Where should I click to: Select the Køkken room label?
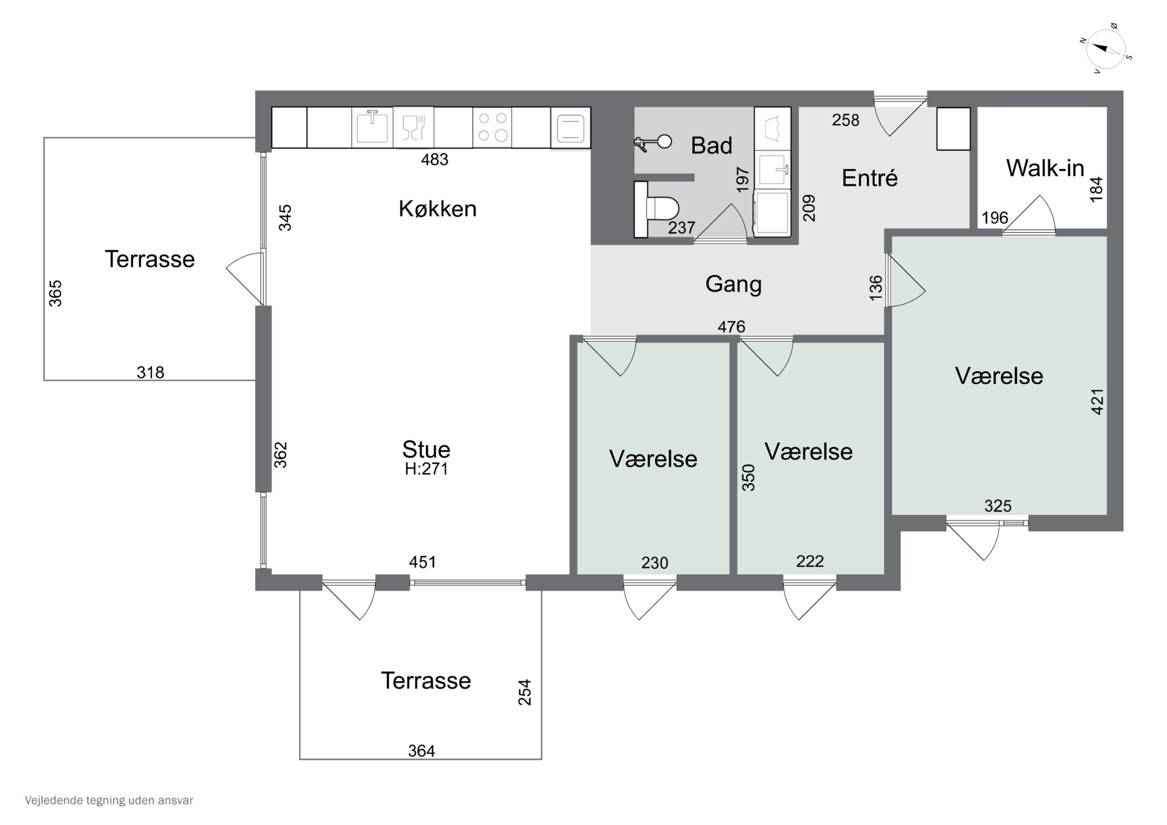pyautogui.click(x=438, y=209)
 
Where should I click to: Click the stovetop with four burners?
pyautogui.click(x=492, y=127)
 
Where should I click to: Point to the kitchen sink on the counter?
pyautogui.click(x=372, y=127)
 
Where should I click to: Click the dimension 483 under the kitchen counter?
pyautogui.click(x=435, y=159)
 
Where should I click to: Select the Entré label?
pyautogui.click(x=870, y=178)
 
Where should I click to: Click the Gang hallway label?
pyautogui.click(x=733, y=284)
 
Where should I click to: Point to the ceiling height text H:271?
pyautogui.click(x=426, y=469)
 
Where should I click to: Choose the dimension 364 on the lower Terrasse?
pyautogui.click(x=421, y=751)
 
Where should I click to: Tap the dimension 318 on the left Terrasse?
pyautogui.click(x=151, y=373)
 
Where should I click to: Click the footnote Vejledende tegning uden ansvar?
pyautogui.click(x=109, y=800)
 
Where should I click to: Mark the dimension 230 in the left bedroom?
pyautogui.click(x=654, y=563)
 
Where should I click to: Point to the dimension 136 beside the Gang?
pyautogui.click(x=876, y=288)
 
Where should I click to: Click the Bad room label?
pyautogui.click(x=711, y=146)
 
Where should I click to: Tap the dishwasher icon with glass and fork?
pyautogui.click(x=413, y=127)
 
